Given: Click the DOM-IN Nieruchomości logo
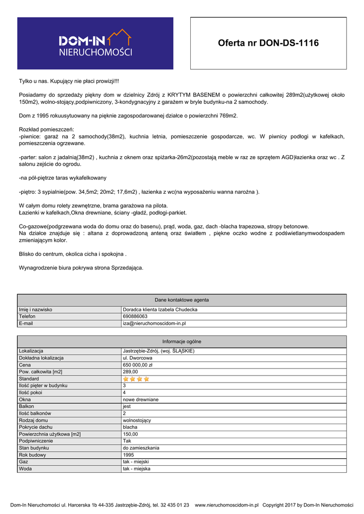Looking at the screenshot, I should click(95, 43).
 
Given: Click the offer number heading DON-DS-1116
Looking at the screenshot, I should click(268, 43).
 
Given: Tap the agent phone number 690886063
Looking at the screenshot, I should click(135, 317).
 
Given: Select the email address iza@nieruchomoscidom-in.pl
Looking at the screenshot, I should click(154, 324).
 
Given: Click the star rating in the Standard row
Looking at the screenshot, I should click(136, 379).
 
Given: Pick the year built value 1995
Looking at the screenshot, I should click(129, 455).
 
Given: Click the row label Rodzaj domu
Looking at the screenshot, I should click(33, 420).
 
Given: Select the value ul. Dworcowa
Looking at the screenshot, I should click(138, 358).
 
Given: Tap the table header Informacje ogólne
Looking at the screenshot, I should click(182, 341).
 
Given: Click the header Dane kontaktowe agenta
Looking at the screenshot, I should click(182, 300).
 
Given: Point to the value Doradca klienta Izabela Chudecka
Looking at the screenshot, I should click(160, 310).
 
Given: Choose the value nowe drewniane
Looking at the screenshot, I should click(141, 400).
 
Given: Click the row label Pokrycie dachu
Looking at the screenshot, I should click(36, 427).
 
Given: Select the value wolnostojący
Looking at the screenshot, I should click(137, 420).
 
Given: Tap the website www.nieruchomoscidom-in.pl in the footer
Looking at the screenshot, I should click(226, 505).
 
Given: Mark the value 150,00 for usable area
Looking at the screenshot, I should click(130, 434).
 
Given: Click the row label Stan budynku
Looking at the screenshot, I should click(34, 448).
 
